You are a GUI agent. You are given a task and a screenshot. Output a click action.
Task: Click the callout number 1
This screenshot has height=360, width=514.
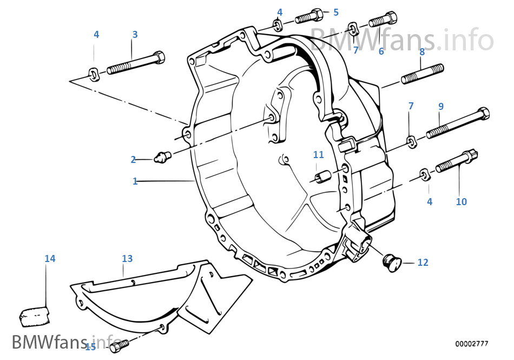tap(135, 181)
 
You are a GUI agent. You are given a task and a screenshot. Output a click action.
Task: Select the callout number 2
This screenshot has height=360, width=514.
tap(133, 159)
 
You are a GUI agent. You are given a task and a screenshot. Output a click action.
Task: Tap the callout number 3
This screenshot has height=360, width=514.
tap(135, 35)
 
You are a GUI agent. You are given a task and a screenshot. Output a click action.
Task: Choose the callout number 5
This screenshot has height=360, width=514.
tap(336, 12)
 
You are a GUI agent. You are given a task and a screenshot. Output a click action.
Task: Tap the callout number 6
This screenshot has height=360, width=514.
tap(381, 51)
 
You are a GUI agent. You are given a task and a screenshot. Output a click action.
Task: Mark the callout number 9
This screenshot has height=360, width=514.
tap(441, 106)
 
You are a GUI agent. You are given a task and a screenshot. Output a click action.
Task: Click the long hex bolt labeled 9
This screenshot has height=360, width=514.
tap(458, 123)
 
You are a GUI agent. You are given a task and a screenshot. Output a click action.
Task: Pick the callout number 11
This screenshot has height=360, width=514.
tap(318, 155)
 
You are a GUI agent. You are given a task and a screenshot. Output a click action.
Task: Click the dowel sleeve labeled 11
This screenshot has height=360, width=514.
tap(324, 177)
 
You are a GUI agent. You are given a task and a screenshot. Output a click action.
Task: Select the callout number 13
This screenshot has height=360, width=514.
tap(127, 259)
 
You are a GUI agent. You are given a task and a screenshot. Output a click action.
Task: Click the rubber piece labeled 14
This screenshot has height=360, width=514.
tap(35, 315)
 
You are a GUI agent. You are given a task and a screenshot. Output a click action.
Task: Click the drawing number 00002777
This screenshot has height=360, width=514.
tap(471, 344)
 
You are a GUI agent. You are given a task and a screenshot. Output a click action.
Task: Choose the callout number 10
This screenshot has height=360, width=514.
tap(461, 202)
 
